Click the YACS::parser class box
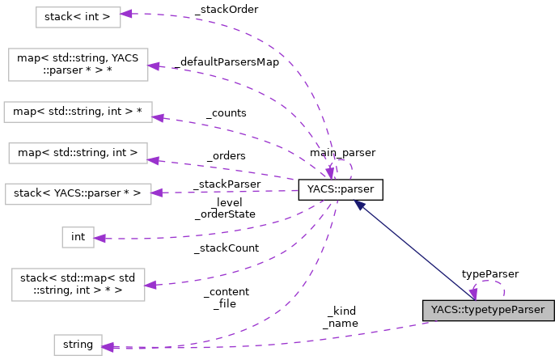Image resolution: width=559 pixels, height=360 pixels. (340, 190)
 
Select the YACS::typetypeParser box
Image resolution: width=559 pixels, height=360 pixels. (488, 310)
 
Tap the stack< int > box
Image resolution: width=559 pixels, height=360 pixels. (78, 17)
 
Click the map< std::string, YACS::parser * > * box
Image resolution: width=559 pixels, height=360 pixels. (78, 65)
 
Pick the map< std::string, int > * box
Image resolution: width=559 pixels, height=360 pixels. (78, 112)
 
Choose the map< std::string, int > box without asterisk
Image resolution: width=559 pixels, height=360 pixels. (78, 151)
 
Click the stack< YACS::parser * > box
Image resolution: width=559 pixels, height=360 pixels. (78, 193)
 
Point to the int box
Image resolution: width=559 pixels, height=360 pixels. (78, 237)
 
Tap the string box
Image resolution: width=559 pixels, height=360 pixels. (78, 345)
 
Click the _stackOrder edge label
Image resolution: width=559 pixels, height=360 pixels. (227, 9)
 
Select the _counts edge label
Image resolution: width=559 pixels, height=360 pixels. (226, 113)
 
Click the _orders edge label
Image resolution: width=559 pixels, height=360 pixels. (226, 155)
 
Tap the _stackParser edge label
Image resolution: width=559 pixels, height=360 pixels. (227, 184)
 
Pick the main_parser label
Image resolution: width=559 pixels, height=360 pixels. (341, 152)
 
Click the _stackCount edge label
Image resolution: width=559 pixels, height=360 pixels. (226, 248)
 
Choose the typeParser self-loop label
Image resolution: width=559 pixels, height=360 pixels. (490, 274)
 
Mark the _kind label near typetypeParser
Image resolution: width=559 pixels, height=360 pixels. (341, 311)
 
